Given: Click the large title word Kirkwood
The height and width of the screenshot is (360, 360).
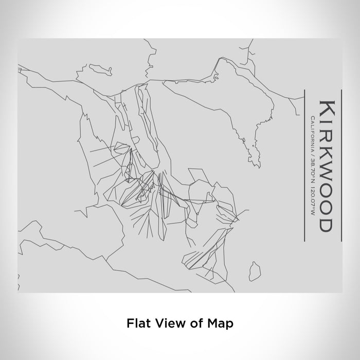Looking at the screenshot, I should [x=326, y=164].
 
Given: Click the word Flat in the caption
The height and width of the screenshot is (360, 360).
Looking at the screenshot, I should [x=135, y=323].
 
